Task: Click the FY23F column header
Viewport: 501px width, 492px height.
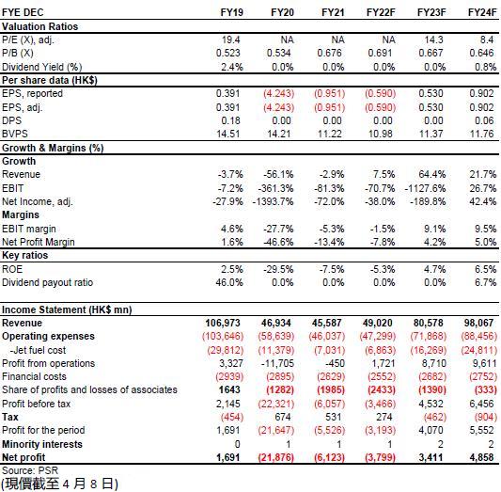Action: tap(431, 12)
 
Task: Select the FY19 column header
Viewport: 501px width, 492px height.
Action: tap(231, 12)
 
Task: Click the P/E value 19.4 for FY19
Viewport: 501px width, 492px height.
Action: tap(230, 40)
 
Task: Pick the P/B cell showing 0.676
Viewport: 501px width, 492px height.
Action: tap(329, 53)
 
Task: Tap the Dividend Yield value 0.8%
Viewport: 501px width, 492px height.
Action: tap(485, 67)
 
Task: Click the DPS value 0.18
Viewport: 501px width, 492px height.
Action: tap(230, 120)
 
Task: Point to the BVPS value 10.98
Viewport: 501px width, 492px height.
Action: tap(381, 134)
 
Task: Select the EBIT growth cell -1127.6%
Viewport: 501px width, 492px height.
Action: tap(425, 188)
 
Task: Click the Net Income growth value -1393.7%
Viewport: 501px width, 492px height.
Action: tap(273, 201)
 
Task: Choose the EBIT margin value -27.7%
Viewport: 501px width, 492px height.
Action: tap(278, 229)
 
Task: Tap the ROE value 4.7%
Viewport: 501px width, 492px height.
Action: tap(434, 269)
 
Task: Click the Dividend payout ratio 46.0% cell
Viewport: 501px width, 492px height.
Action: tap(229, 282)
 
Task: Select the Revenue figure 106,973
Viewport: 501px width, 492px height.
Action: tap(223, 323)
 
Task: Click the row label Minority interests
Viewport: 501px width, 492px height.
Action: tap(42, 444)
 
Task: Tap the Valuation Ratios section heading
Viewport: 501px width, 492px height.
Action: tap(39, 26)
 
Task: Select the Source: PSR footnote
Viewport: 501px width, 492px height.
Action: tap(30, 470)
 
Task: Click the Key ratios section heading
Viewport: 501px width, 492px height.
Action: tap(25, 255)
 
